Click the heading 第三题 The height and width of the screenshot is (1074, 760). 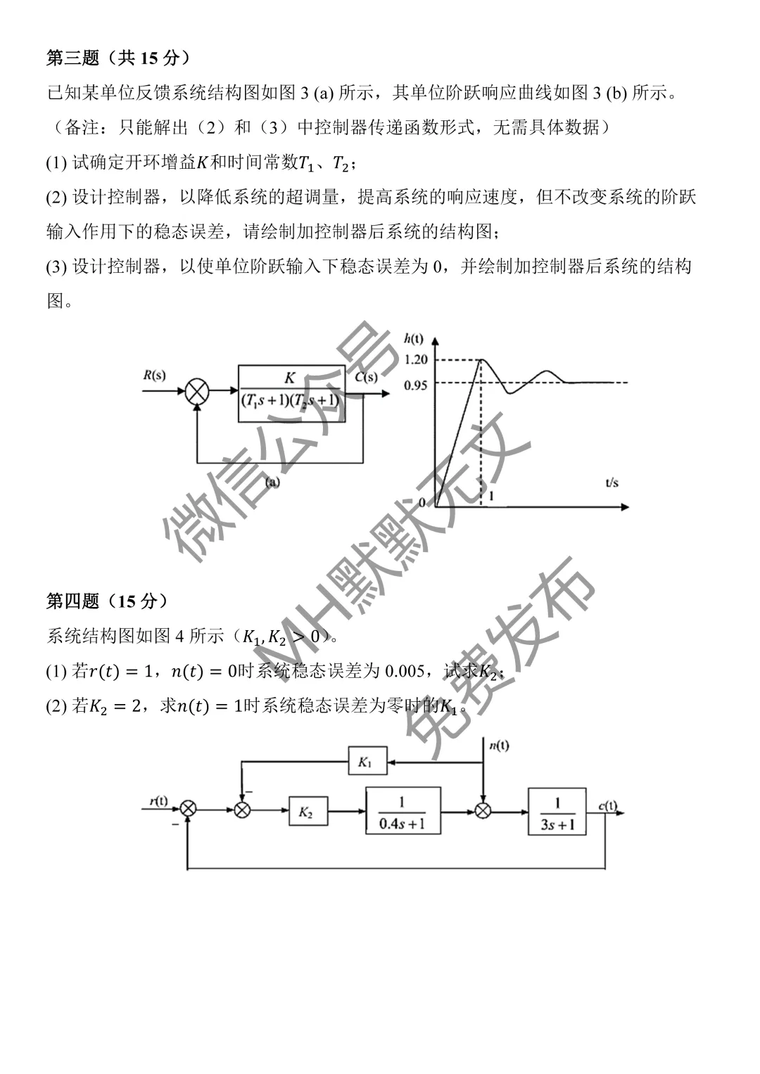pyautogui.click(x=72, y=58)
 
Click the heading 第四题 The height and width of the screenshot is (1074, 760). pyautogui.click(x=72, y=600)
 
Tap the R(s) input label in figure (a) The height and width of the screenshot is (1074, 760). pyautogui.click(x=154, y=375)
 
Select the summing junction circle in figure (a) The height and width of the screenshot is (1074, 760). pyautogui.click(x=197, y=391)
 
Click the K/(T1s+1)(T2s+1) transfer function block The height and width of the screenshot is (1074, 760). pyautogui.click(x=291, y=394)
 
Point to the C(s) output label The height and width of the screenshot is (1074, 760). pyautogui.click(x=366, y=377)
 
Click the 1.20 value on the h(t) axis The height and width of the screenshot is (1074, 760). pyautogui.click(x=415, y=359)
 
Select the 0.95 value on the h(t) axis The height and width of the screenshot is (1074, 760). pyautogui.click(x=415, y=385)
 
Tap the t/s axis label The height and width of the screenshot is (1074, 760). pyautogui.click(x=612, y=482)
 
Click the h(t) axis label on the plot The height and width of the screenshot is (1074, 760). pyautogui.click(x=413, y=339)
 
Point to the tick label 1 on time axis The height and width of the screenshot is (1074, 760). pyautogui.click(x=491, y=497)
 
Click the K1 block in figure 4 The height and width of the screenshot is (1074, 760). pyautogui.click(x=367, y=762)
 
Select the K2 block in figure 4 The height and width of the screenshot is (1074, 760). pyautogui.click(x=308, y=811)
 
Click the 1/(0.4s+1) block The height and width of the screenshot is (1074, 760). pyautogui.click(x=403, y=811)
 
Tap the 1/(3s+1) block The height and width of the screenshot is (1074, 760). pyautogui.click(x=557, y=812)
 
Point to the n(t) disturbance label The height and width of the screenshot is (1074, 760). pyautogui.click(x=500, y=745)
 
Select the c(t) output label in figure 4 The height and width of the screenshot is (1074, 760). pyautogui.click(x=608, y=805)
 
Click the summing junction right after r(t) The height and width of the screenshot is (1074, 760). pyautogui.click(x=188, y=809)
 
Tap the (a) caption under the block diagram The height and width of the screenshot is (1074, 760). pyautogui.click(x=272, y=482)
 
